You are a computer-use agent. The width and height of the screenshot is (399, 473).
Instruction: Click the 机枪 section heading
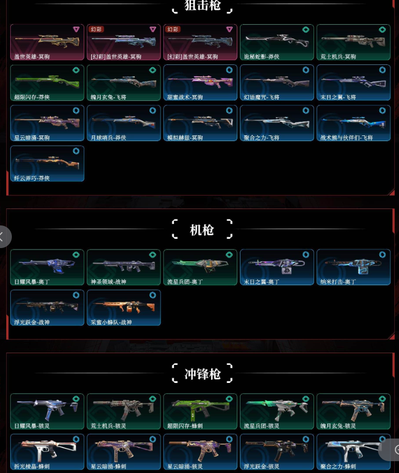[x=202, y=230]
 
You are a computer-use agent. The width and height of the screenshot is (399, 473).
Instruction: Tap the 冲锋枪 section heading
[x=202, y=374]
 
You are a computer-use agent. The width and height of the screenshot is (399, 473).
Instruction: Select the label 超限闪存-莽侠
[x=31, y=97]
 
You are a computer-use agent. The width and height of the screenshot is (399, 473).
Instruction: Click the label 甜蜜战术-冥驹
[x=186, y=97]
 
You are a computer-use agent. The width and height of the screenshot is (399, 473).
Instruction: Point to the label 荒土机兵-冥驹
[x=339, y=57]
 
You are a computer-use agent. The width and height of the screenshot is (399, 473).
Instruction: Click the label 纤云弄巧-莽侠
[x=31, y=179]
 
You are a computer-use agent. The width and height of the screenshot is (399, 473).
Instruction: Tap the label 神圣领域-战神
[x=108, y=282]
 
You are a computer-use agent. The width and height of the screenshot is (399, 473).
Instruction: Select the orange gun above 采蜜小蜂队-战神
[x=123, y=306]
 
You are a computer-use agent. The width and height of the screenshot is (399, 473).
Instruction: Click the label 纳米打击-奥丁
[x=338, y=282]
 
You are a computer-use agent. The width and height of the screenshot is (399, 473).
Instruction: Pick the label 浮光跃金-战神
[x=31, y=323]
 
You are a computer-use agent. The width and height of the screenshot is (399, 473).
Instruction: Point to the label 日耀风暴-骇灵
[x=31, y=426]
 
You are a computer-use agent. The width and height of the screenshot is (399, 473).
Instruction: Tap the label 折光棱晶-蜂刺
[x=31, y=466]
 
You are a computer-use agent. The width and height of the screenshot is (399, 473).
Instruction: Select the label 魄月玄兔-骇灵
[x=338, y=426]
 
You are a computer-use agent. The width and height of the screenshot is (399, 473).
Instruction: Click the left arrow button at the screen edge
[x=3, y=237]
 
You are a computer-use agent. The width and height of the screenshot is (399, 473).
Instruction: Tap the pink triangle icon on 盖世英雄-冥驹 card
[x=76, y=29]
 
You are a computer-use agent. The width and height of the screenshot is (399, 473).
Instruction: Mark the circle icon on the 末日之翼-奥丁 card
[x=306, y=255]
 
